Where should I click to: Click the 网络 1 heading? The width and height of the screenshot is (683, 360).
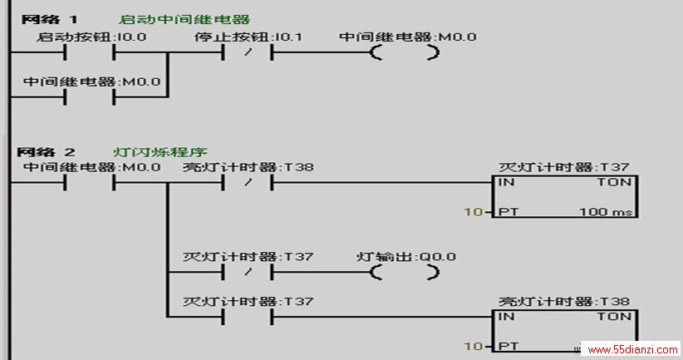(x=49, y=19)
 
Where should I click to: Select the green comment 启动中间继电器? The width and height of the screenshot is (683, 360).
(x=184, y=20)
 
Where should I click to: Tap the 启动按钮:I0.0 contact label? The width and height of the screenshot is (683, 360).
(x=91, y=37)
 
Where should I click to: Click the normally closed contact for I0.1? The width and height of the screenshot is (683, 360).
(x=248, y=52)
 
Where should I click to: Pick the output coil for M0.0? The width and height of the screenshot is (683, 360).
(x=405, y=52)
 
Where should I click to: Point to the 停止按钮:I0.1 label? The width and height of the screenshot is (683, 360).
(x=248, y=37)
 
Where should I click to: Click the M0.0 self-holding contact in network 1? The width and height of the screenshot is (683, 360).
(x=90, y=97)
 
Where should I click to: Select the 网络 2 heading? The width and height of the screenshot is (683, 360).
(x=47, y=152)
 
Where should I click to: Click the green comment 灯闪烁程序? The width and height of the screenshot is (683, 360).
(x=160, y=152)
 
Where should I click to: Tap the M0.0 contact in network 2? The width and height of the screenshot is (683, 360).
(x=90, y=183)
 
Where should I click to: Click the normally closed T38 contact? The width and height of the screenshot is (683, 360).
(x=248, y=183)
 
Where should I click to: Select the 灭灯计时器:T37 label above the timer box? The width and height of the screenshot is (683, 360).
(x=564, y=167)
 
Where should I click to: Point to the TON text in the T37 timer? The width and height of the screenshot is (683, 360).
(x=614, y=182)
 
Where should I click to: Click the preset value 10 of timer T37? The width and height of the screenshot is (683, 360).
(x=474, y=212)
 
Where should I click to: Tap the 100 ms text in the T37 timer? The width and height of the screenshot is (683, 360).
(x=606, y=212)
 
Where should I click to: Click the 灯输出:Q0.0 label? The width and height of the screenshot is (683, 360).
(x=406, y=257)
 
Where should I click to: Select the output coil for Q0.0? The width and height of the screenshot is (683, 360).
(x=405, y=273)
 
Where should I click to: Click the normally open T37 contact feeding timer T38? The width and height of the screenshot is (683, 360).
(x=248, y=317)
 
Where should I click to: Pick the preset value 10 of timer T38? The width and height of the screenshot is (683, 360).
(x=474, y=347)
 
